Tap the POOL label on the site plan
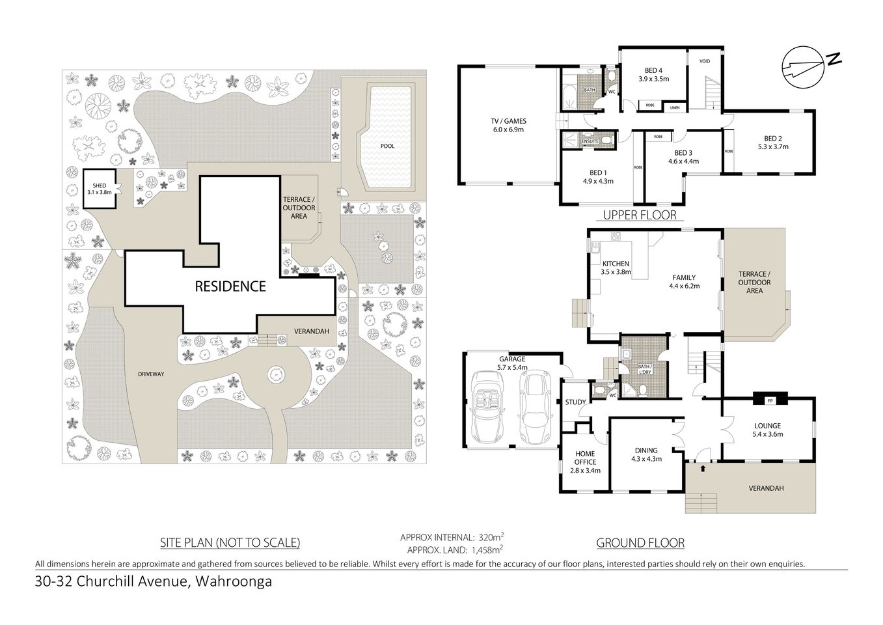click(x=387, y=146)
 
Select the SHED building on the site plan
click(x=100, y=189)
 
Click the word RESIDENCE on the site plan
click(x=231, y=286)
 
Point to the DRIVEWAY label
click(x=151, y=374)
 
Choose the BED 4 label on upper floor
click(x=653, y=70)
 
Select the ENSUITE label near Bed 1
click(x=590, y=141)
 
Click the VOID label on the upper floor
click(x=705, y=61)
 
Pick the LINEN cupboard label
click(x=675, y=107)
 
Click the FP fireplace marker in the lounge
click(x=770, y=400)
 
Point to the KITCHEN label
click(x=615, y=264)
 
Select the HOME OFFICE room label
click(x=585, y=458)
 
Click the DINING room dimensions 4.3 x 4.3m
click(x=646, y=458)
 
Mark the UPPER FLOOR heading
click(x=640, y=215)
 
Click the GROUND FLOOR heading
click(x=640, y=542)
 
